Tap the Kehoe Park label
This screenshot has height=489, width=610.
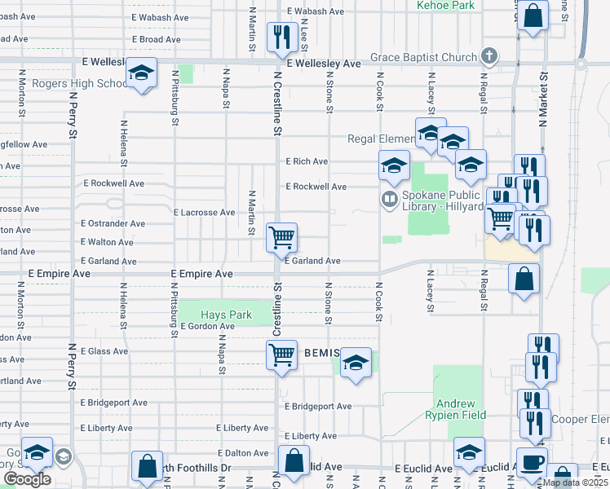tap(445, 5)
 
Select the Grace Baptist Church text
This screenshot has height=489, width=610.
tap(422, 57)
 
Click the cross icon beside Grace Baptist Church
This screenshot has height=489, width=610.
tap(489, 56)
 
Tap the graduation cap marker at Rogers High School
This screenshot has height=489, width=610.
tap(141, 74)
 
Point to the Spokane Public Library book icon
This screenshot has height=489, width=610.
tap(389, 198)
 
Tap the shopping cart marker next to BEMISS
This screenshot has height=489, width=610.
tap(281, 355)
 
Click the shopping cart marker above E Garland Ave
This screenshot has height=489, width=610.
tap(282, 237)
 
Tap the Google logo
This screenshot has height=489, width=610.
tap(27, 479)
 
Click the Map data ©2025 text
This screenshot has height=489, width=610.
tap(575, 482)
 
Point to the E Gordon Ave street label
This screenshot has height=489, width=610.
tap(207, 326)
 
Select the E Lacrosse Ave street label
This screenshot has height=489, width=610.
tap(204, 213)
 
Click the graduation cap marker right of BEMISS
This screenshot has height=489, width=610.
tap(356, 363)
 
